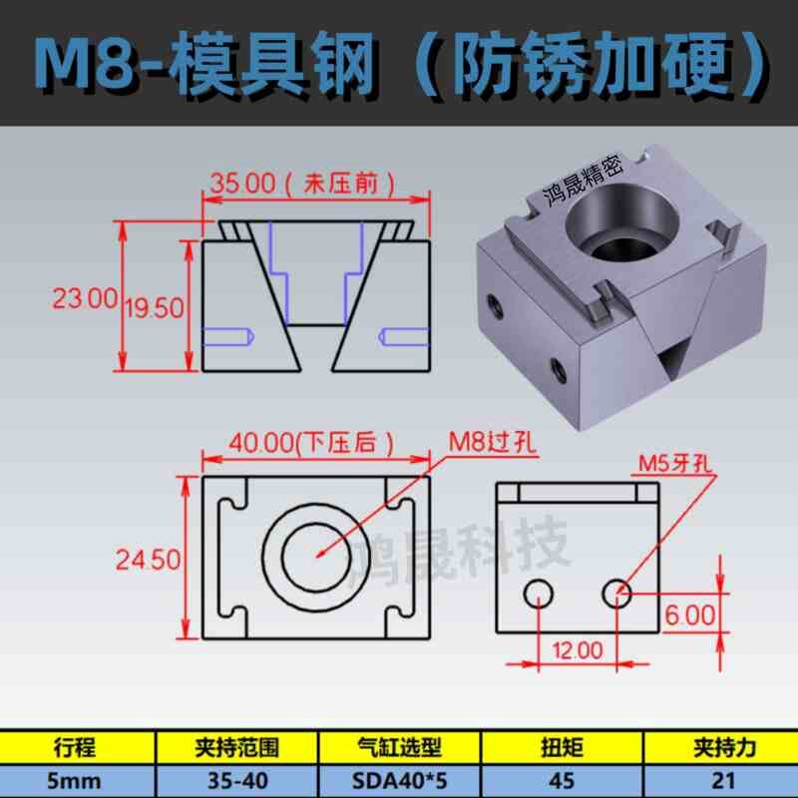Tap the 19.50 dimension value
[154, 308]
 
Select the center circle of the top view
[317, 555]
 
